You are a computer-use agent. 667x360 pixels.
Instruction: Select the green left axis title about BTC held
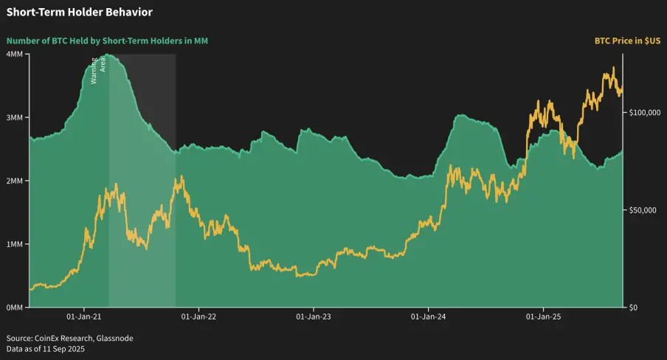[107, 41]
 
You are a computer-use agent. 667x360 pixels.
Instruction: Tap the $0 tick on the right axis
[633, 307]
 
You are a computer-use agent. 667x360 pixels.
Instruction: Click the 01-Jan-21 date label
[83, 317]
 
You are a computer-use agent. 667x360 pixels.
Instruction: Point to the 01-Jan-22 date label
[198, 317]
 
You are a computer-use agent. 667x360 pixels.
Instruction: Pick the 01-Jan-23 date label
[313, 317]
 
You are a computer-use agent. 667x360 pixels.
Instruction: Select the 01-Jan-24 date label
[428, 317]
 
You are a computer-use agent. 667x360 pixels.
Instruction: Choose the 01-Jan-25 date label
[543, 317]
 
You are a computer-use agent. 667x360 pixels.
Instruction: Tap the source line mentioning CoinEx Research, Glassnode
[70, 338]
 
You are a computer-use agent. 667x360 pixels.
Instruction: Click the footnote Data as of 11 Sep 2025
[46, 349]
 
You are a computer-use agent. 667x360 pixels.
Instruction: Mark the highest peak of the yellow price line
[613, 68]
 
